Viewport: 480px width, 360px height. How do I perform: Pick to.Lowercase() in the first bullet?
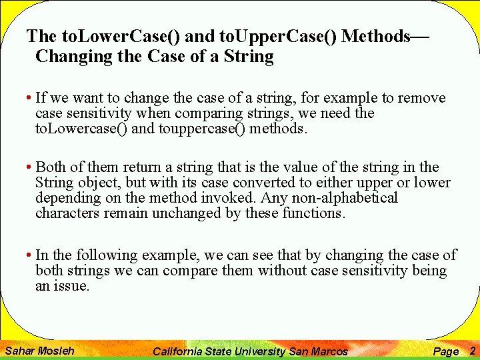[x=81, y=129]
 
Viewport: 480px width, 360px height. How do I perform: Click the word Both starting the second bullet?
[x=51, y=167]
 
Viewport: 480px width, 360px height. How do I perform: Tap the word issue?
[x=73, y=286]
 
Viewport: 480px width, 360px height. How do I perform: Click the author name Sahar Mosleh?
[x=39, y=350]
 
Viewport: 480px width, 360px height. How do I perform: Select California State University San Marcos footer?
[x=250, y=351]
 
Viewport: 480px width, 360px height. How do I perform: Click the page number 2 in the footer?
[x=471, y=350]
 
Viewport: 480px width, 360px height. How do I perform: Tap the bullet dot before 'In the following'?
[x=30, y=255]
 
